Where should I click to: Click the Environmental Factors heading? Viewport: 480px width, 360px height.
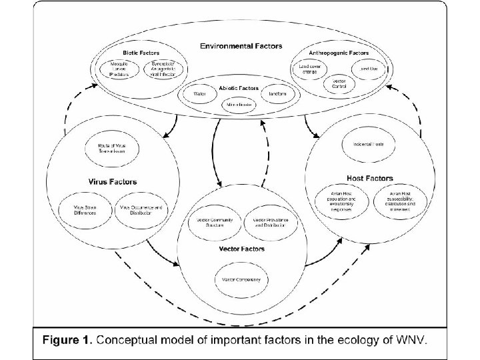click(x=241, y=46)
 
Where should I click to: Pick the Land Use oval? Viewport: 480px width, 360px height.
click(x=369, y=68)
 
